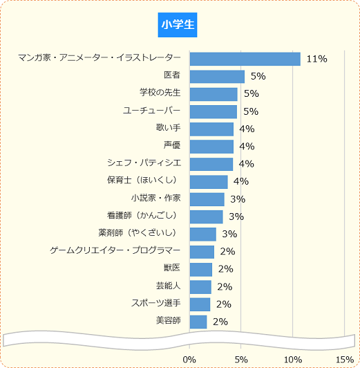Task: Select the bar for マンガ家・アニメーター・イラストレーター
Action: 245,59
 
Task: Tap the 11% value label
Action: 316,59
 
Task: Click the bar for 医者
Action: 217,76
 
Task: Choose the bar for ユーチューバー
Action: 214,111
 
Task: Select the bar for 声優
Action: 211,147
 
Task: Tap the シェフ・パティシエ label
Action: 144,163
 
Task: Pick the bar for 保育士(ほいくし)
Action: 209,182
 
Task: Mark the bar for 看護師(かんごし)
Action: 206,217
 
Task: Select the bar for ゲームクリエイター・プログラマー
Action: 202,252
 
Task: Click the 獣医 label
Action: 172,268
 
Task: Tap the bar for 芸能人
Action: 200,286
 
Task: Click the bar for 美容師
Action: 198,322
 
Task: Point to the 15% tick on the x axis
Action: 344,359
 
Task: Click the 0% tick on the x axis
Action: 189,359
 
